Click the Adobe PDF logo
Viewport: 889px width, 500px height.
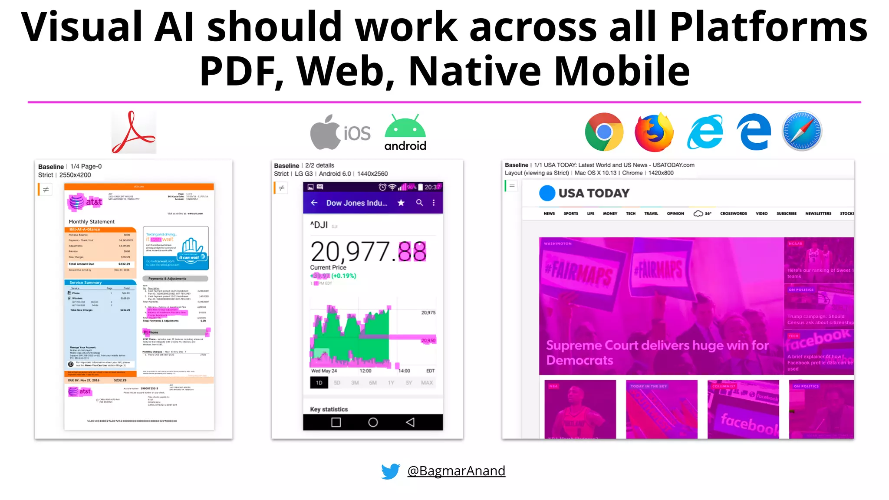pyautogui.click(x=133, y=132)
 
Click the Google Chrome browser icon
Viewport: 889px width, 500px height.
pyautogui.click(x=604, y=132)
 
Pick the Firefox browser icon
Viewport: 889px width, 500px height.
pyautogui.click(x=654, y=132)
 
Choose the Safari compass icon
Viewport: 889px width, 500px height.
pyautogui.click(x=802, y=132)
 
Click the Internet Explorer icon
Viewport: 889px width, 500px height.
pyautogui.click(x=705, y=132)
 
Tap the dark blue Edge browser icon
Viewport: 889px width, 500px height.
pyautogui.click(x=754, y=132)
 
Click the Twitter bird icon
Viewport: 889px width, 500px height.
pyautogui.click(x=390, y=471)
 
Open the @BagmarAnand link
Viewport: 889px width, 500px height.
pyautogui.click(x=456, y=471)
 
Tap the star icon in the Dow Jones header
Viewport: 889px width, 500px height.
pyautogui.click(x=401, y=203)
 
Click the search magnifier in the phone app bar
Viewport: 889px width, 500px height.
pyautogui.click(x=419, y=203)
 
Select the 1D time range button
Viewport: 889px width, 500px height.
pyautogui.click(x=319, y=383)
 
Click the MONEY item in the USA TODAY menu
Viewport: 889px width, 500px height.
pyautogui.click(x=610, y=214)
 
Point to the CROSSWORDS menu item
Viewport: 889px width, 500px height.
pyautogui.click(x=733, y=214)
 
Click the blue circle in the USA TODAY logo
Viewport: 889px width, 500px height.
pyautogui.click(x=547, y=193)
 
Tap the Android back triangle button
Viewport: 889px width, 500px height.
pyautogui.click(x=410, y=422)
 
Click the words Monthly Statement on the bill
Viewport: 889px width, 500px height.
pyautogui.click(x=92, y=222)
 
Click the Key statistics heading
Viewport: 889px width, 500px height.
pyautogui.click(x=329, y=409)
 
